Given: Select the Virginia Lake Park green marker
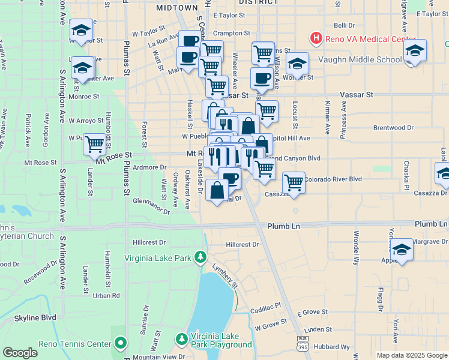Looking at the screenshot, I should (x=200, y=258).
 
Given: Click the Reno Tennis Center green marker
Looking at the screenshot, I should (x=121, y=344).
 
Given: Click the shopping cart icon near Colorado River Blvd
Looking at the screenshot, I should (x=294, y=181).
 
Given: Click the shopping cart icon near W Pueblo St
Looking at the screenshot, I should (x=94, y=143).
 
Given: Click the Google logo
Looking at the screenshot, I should (x=20, y=353).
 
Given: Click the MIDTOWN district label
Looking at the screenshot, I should (x=176, y=8).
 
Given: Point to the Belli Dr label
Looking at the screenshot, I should (x=344, y=26).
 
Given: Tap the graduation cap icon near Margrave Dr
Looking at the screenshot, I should (x=401, y=249).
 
